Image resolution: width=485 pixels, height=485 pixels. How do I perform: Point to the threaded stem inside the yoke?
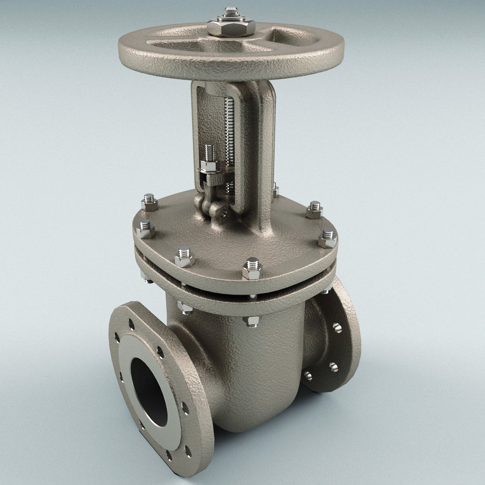click(230, 130)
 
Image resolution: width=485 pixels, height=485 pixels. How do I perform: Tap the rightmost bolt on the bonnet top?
click(327, 239)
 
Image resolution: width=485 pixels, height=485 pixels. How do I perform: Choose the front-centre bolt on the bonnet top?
click(251, 268)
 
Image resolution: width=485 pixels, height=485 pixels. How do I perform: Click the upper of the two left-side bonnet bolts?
click(149, 203)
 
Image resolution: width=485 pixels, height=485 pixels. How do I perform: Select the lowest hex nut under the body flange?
click(251, 320)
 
